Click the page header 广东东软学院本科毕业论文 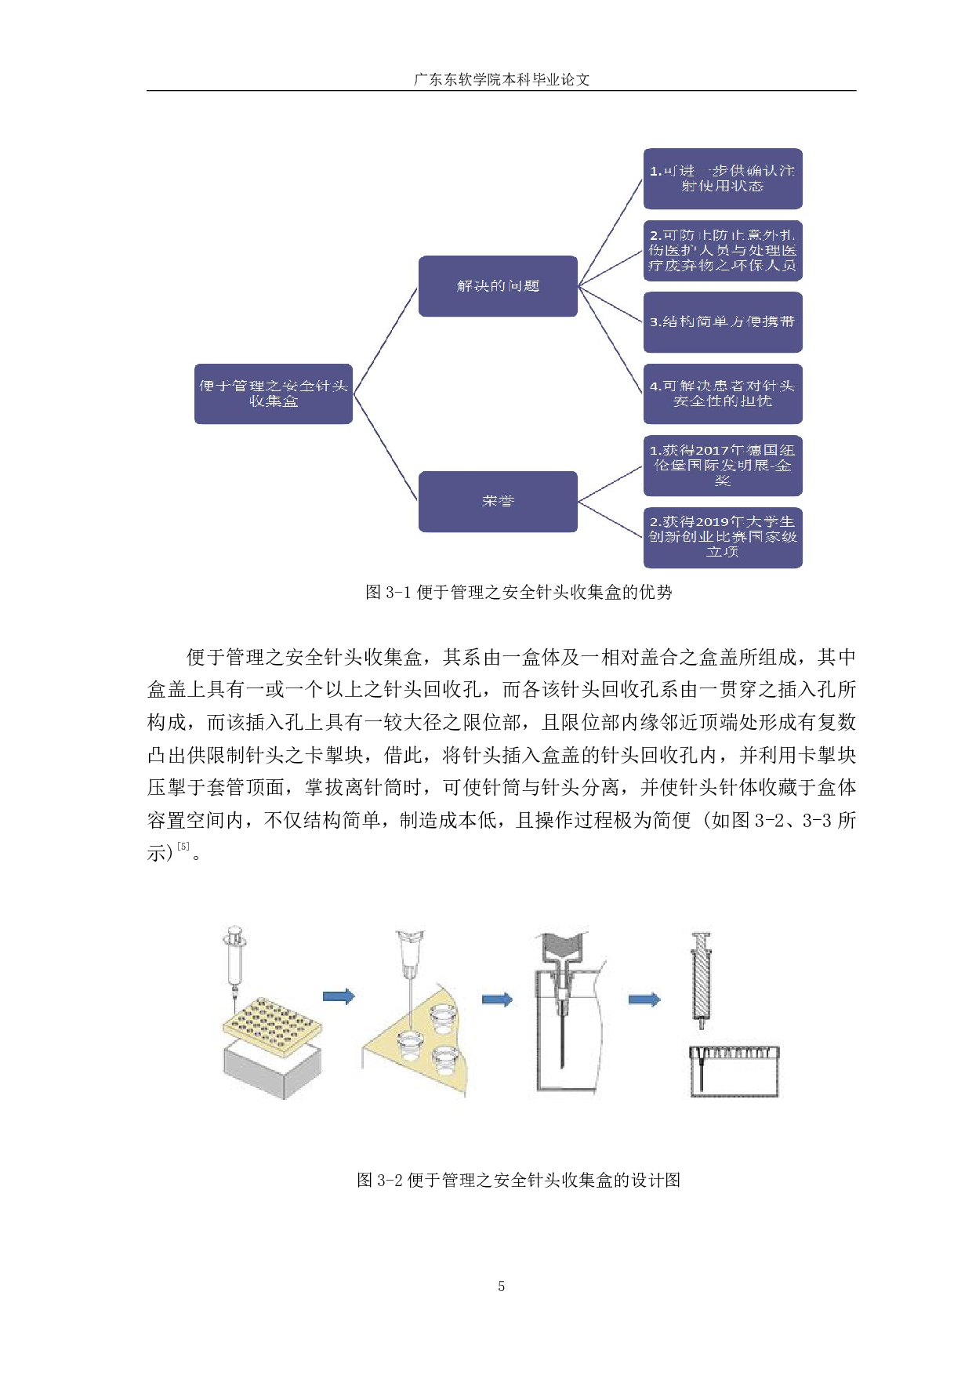501,79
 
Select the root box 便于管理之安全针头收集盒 273,394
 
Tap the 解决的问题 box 498,286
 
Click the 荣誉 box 498,502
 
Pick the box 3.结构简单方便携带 722,322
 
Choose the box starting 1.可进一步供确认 722,179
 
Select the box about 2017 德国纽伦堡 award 722,466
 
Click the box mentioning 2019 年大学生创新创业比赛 722,537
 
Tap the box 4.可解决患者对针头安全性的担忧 722,394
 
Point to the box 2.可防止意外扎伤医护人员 722,250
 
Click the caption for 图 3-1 518,593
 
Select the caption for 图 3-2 518,1180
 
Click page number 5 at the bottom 501,1286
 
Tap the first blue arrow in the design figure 339,996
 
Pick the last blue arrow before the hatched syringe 644,1000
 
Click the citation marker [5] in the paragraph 183,847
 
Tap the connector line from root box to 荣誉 385,447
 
